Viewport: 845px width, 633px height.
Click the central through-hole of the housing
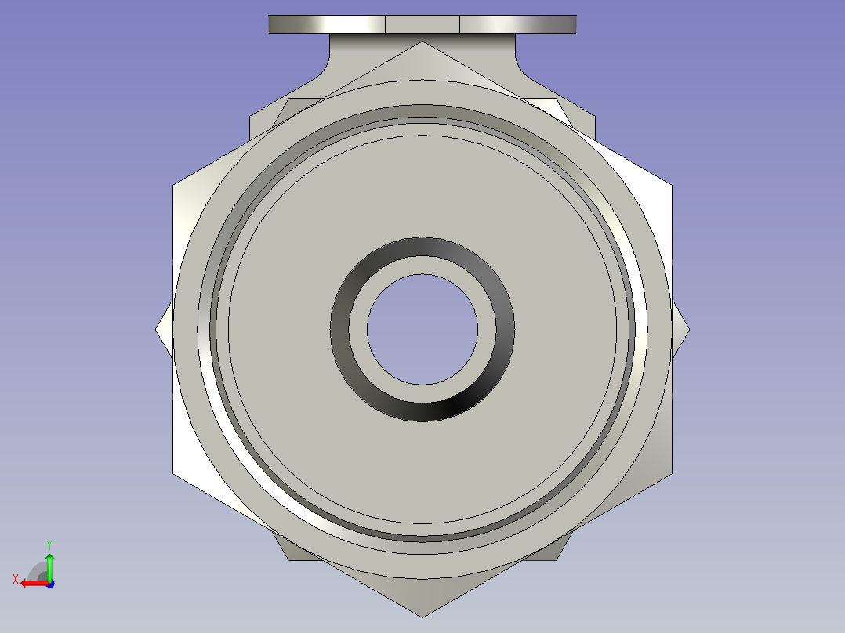422,329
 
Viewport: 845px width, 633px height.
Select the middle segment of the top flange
422,24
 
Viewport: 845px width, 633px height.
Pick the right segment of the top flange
517,24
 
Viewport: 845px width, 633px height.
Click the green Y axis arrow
49,563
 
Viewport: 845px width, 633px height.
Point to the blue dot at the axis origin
49,583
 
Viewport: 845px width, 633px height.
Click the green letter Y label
49,543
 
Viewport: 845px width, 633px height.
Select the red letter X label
15,579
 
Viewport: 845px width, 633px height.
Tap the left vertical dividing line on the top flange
385,24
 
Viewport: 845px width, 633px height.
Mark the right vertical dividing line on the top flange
459,24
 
